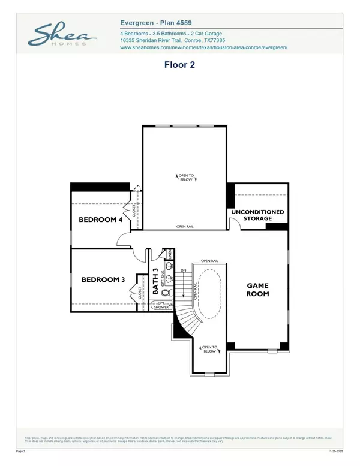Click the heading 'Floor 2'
click(x=180, y=62)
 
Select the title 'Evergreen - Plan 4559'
click(x=157, y=22)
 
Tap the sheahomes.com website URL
click(x=204, y=47)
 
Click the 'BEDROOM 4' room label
click(x=101, y=220)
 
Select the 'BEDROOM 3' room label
click(x=103, y=279)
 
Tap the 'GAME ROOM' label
click(x=258, y=290)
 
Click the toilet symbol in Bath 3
click(x=169, y=293)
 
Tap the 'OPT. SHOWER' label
click(x=161, y=306)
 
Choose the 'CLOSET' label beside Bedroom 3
click(x=140, y=293)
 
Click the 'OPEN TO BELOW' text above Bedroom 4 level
click(x=185, y=177)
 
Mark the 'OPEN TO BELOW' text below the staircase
click(x=209, y=348)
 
